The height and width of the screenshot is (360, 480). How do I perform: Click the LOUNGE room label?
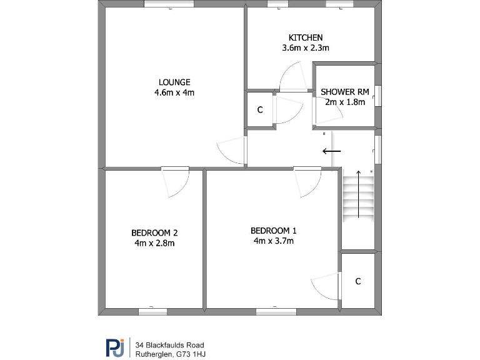point(174,82)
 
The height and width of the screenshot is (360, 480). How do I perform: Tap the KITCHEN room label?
point(305,37)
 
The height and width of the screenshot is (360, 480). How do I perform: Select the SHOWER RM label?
point(344,92)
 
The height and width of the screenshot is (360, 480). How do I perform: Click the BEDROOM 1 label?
point(273,229)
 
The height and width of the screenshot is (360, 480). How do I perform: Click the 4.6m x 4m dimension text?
point(174,93)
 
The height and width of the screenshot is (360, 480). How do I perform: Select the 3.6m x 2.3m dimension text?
point(306,47)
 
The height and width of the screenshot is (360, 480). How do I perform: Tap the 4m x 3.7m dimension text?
point(273,240)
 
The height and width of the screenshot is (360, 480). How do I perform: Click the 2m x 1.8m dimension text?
point(344,102)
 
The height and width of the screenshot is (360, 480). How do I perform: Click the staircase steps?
point(357,196)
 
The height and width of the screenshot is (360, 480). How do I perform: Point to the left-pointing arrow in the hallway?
point(331,151)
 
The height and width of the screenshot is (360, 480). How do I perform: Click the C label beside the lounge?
point(260,110)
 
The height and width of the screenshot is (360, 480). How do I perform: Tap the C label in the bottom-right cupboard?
point(358,281)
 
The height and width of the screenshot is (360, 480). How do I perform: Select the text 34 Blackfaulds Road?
point(170,344)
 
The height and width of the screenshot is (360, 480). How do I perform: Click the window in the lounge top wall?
point(169,4)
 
